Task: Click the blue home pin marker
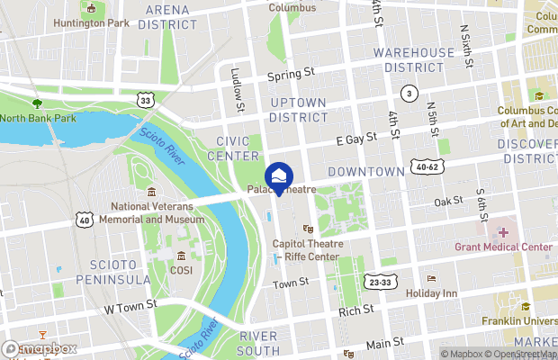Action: [x=279, y=177]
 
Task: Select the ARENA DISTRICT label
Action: [x=166, y=16]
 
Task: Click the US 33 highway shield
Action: [x=145, y=101]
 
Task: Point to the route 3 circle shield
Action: [x=409, y=94]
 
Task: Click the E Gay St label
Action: [x=355, y=140]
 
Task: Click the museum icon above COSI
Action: [x=182, y=256]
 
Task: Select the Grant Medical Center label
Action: [x=503, y=247]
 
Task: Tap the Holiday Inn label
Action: [x=432, y=292]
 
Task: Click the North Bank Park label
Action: [x=37, y=117]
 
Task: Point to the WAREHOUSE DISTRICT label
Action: [x=415, y=60]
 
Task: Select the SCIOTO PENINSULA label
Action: [x=119, y=272]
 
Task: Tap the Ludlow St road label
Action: [x=238, y=93]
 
